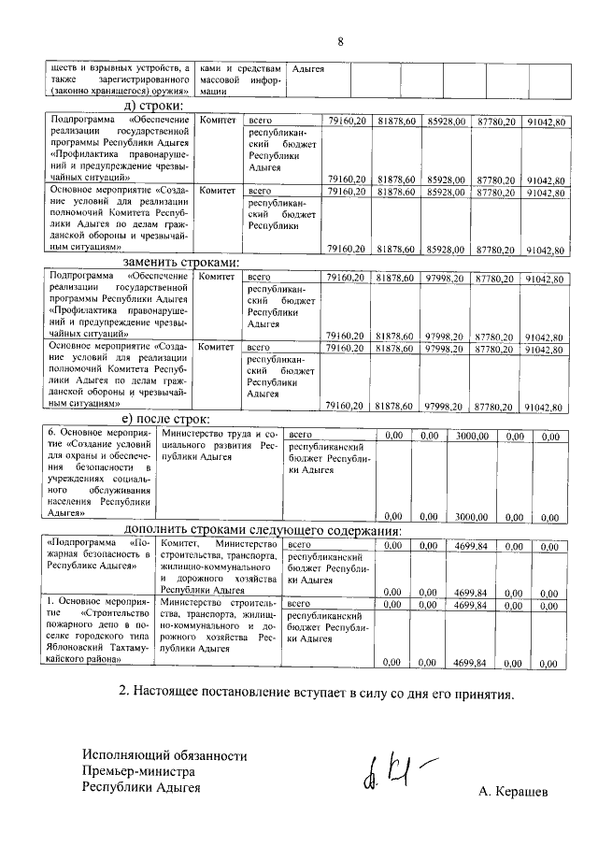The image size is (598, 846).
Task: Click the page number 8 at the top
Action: coord(340,41)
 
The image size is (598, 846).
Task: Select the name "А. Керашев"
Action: coord(513,792)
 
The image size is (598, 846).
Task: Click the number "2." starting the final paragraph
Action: coord(124,695)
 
